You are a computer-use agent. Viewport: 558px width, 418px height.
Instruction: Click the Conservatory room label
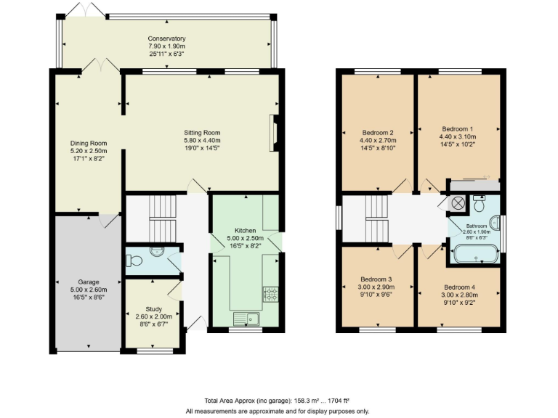166,38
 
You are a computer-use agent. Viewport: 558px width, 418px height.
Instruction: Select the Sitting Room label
202,133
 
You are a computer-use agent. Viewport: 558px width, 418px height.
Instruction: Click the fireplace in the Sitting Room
274,133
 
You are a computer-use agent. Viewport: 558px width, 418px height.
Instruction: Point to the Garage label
89,282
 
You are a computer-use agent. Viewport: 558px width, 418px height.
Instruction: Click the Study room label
153,308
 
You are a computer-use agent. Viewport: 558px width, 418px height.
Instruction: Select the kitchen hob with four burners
270,294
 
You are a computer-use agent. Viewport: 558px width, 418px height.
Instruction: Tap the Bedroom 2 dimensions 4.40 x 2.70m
377,140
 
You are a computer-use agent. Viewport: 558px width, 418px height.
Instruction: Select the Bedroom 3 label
376,279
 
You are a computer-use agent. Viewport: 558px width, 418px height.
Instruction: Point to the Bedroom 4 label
458,286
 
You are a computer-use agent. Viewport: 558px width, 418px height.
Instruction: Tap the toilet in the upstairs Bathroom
479,204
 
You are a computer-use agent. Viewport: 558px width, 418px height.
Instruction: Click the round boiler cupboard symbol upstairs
458,204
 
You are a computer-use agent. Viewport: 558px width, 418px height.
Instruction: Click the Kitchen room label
245,230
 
